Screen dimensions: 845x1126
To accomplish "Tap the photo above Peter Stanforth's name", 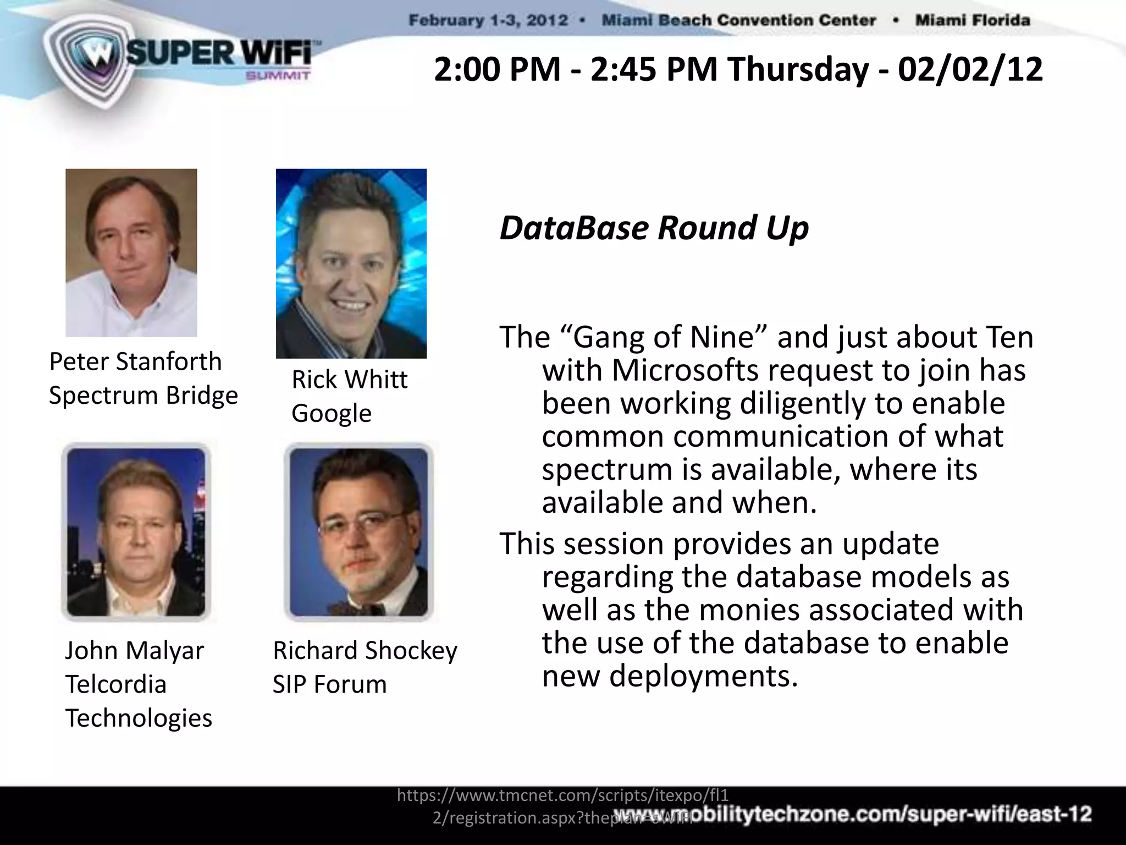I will pyautogui.click(x=131, y=253).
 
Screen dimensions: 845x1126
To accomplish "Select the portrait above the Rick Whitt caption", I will pyautogui.click(x=351, y=264).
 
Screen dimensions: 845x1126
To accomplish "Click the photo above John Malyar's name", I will pyautogui.click(x=136, y=532).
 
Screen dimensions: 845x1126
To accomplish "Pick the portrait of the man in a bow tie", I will pyautogui.click(x=358, y=532).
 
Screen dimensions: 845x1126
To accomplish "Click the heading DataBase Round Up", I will pyautogui.click(x=654, y=228).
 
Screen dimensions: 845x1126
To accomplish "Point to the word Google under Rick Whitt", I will pyautogui.click(x=331, y=413).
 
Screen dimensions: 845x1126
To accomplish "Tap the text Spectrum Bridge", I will pyautogui.click(x=143, y=395).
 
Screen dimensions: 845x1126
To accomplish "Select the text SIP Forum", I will pyautogui.click(x=329, y=684).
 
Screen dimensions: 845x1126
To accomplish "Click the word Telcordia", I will pyautogui.click(x=115, y=684).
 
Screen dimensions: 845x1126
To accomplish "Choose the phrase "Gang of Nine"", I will pyautogui.click(x=663, y=337).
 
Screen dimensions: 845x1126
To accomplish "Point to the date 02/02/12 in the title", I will pyautogui.click(x=970, y=70).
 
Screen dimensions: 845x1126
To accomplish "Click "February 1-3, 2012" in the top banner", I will pyautogui.click(x=488, y=21).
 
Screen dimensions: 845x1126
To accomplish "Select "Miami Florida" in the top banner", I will pyautogui.click(x=972, y=21).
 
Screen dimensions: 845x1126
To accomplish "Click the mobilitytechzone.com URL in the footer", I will pyautogui.click(x=852, y=815).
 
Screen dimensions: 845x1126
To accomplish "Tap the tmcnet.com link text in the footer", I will pyautogui.click(x=562, y=795).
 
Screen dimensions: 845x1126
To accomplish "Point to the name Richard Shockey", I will pyautogui.click(x=365, y=651).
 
